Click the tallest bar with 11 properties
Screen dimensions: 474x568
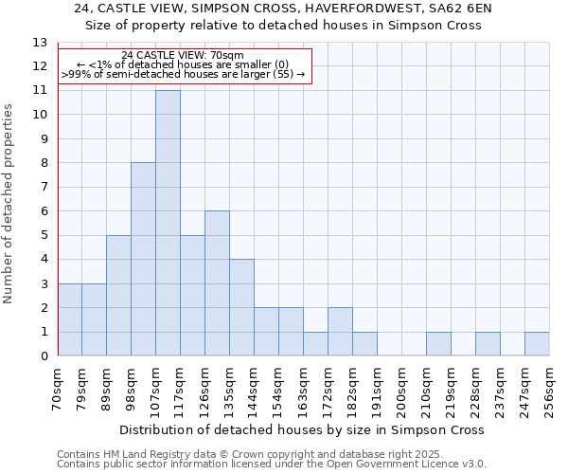[168, 223]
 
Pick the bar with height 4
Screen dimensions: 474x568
[241, 307]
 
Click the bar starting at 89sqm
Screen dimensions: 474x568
[118, 295]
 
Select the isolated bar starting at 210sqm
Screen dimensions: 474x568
[438, 344]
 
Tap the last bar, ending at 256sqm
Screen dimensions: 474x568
[537, 344]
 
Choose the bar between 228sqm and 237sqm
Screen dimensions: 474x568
[488, 344]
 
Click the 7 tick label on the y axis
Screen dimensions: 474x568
[43, 188]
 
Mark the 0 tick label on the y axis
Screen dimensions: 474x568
[43, 356]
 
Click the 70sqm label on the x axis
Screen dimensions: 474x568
[58, 387]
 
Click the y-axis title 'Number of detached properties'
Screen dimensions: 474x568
[9, 204]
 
